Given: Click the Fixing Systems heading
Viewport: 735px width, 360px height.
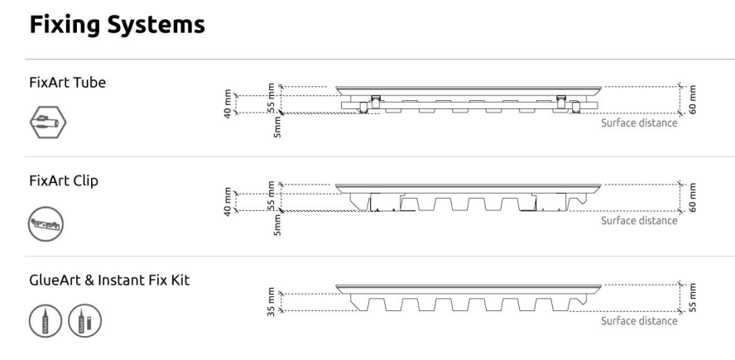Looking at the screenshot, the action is coord(118,24).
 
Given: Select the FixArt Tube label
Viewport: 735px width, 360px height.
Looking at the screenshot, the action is coord(68,83).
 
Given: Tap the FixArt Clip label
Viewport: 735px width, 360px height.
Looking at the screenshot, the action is coord(64,181).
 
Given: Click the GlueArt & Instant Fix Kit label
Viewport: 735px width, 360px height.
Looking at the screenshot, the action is coord(109,281).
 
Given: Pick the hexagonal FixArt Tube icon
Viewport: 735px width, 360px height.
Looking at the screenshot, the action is coord(48,122).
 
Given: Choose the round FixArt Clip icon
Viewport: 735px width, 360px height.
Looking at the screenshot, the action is coord(46,223).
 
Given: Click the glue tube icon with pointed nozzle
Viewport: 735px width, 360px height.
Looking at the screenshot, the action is coord(45,321).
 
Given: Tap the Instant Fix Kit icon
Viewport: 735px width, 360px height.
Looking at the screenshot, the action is coord(85,321).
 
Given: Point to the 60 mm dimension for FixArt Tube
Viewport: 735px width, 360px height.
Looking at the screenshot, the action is coord(693,99).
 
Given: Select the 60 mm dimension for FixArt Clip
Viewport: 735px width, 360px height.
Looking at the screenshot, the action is coord(693,197).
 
